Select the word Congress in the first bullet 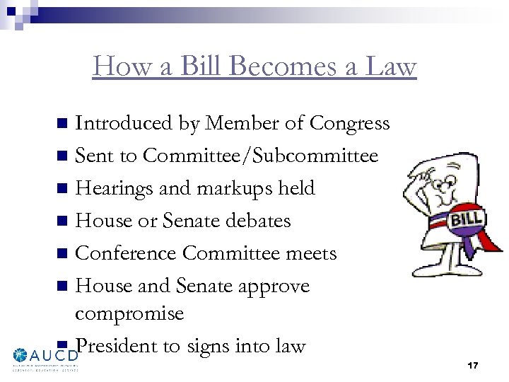(x=349, y=123)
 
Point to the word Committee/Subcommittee (x=260, y=156)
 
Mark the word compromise (x=129, y=313)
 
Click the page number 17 (x=473, y=365)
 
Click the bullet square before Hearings (x=62, y=189)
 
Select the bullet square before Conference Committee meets (x=62, y=254)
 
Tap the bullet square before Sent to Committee (x=62, y=156)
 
